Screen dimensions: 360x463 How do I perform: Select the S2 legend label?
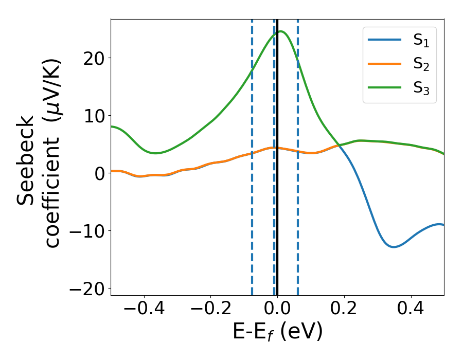pyautogui.click(x=421, y=65)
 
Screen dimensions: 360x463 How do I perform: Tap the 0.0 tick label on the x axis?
pyautogui.click(x=277, y=311)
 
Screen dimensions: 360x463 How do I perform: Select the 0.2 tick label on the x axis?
pyautogui.click(x=344, y=311)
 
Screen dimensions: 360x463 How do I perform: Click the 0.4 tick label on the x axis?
pyautogui.click(x=411, y=311)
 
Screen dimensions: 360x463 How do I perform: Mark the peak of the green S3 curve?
pyautogui.click(x=281, y=31)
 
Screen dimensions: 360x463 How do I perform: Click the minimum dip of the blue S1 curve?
pyautogui.click(x=394, y=247)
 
